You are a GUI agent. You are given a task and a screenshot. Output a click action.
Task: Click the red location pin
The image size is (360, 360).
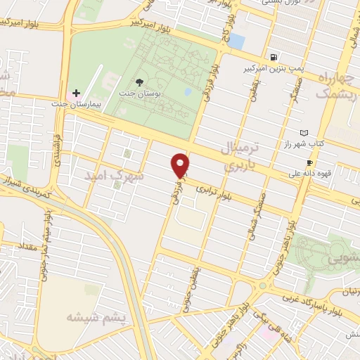pos(181,165)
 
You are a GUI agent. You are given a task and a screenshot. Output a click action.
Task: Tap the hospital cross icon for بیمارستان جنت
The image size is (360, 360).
pos(77,93)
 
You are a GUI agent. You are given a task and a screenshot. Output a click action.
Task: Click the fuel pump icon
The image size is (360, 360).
pos(271,57)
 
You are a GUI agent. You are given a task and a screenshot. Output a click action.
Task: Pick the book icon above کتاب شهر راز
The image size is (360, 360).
pos(304,132)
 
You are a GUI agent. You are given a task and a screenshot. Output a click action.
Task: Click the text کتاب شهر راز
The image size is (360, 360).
pos(302,143)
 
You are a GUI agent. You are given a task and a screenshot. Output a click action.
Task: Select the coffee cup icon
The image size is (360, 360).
pos(309,163)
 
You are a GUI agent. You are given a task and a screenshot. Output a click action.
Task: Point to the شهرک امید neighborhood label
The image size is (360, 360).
pos(116,176)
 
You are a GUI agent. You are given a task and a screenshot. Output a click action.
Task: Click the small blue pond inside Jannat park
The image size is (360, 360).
pos(187,91)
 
